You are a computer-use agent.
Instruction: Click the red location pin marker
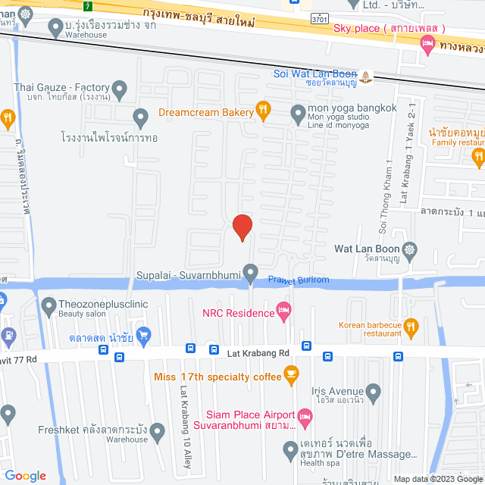[242, 227]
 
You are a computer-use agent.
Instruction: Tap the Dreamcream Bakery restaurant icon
[263, 111]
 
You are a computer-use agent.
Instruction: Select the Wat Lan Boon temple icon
[410, 249]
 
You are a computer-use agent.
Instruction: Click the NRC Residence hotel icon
[284, 309]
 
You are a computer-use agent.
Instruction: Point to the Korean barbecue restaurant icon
[411, 327]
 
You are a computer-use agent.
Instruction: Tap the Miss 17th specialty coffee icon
[290, 372]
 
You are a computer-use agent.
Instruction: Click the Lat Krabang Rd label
[258, 353]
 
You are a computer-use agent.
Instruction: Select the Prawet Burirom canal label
[299, 280]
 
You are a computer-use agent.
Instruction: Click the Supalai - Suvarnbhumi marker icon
[251, 273]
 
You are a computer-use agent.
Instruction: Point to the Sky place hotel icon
[427, 45]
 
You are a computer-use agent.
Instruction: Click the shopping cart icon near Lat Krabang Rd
[144, 334]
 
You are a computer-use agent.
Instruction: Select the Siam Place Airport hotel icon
[305, 415]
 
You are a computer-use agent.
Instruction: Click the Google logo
[25, 476]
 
